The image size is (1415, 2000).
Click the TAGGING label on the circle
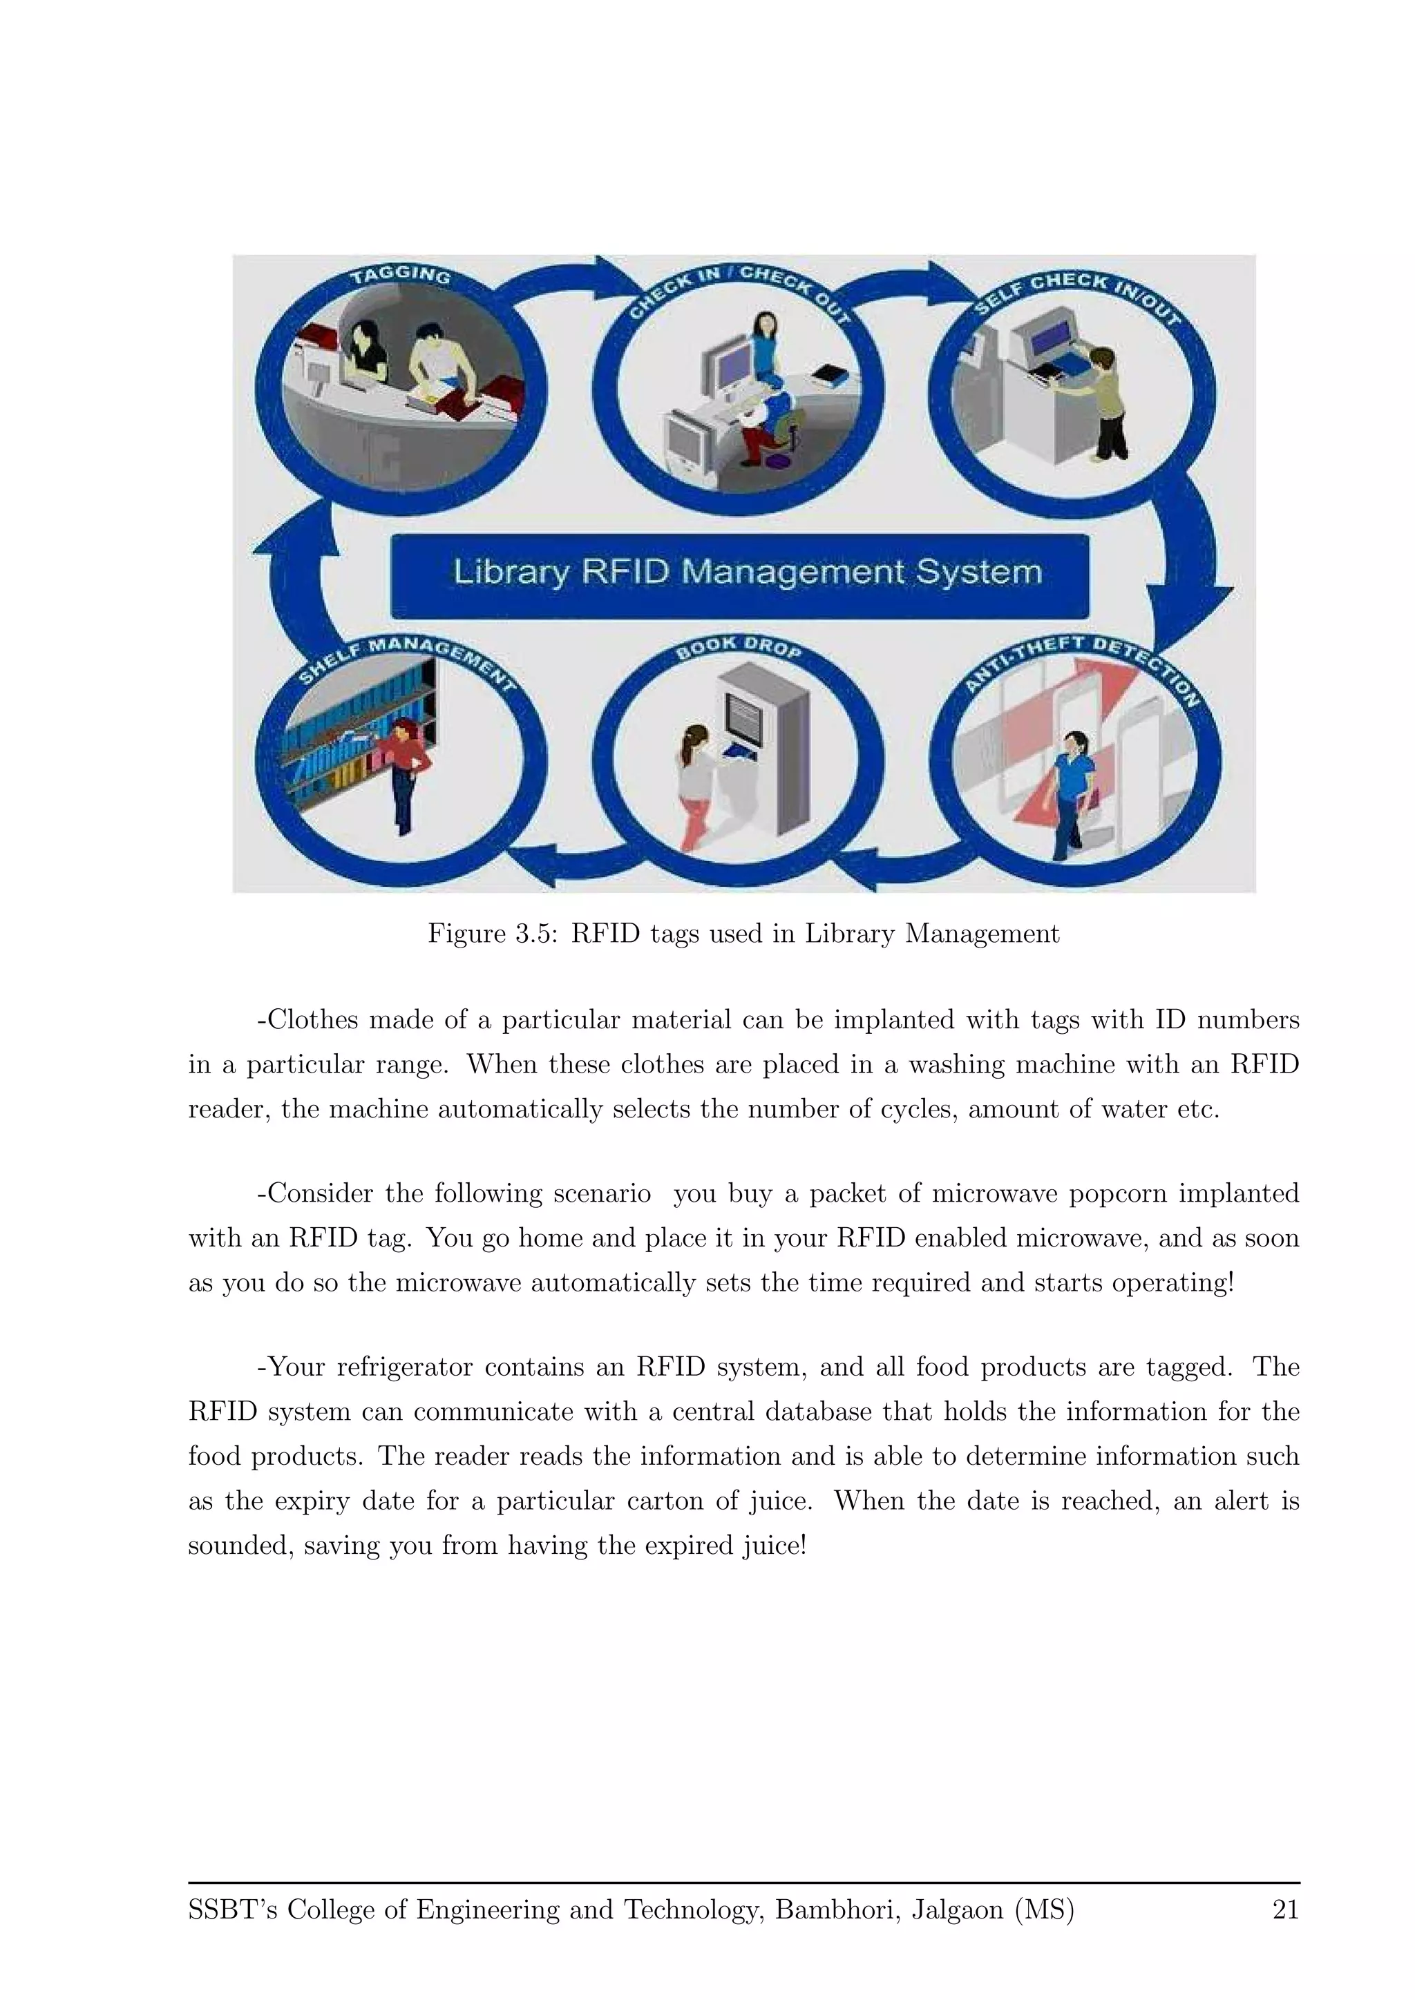tap(401, 276)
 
